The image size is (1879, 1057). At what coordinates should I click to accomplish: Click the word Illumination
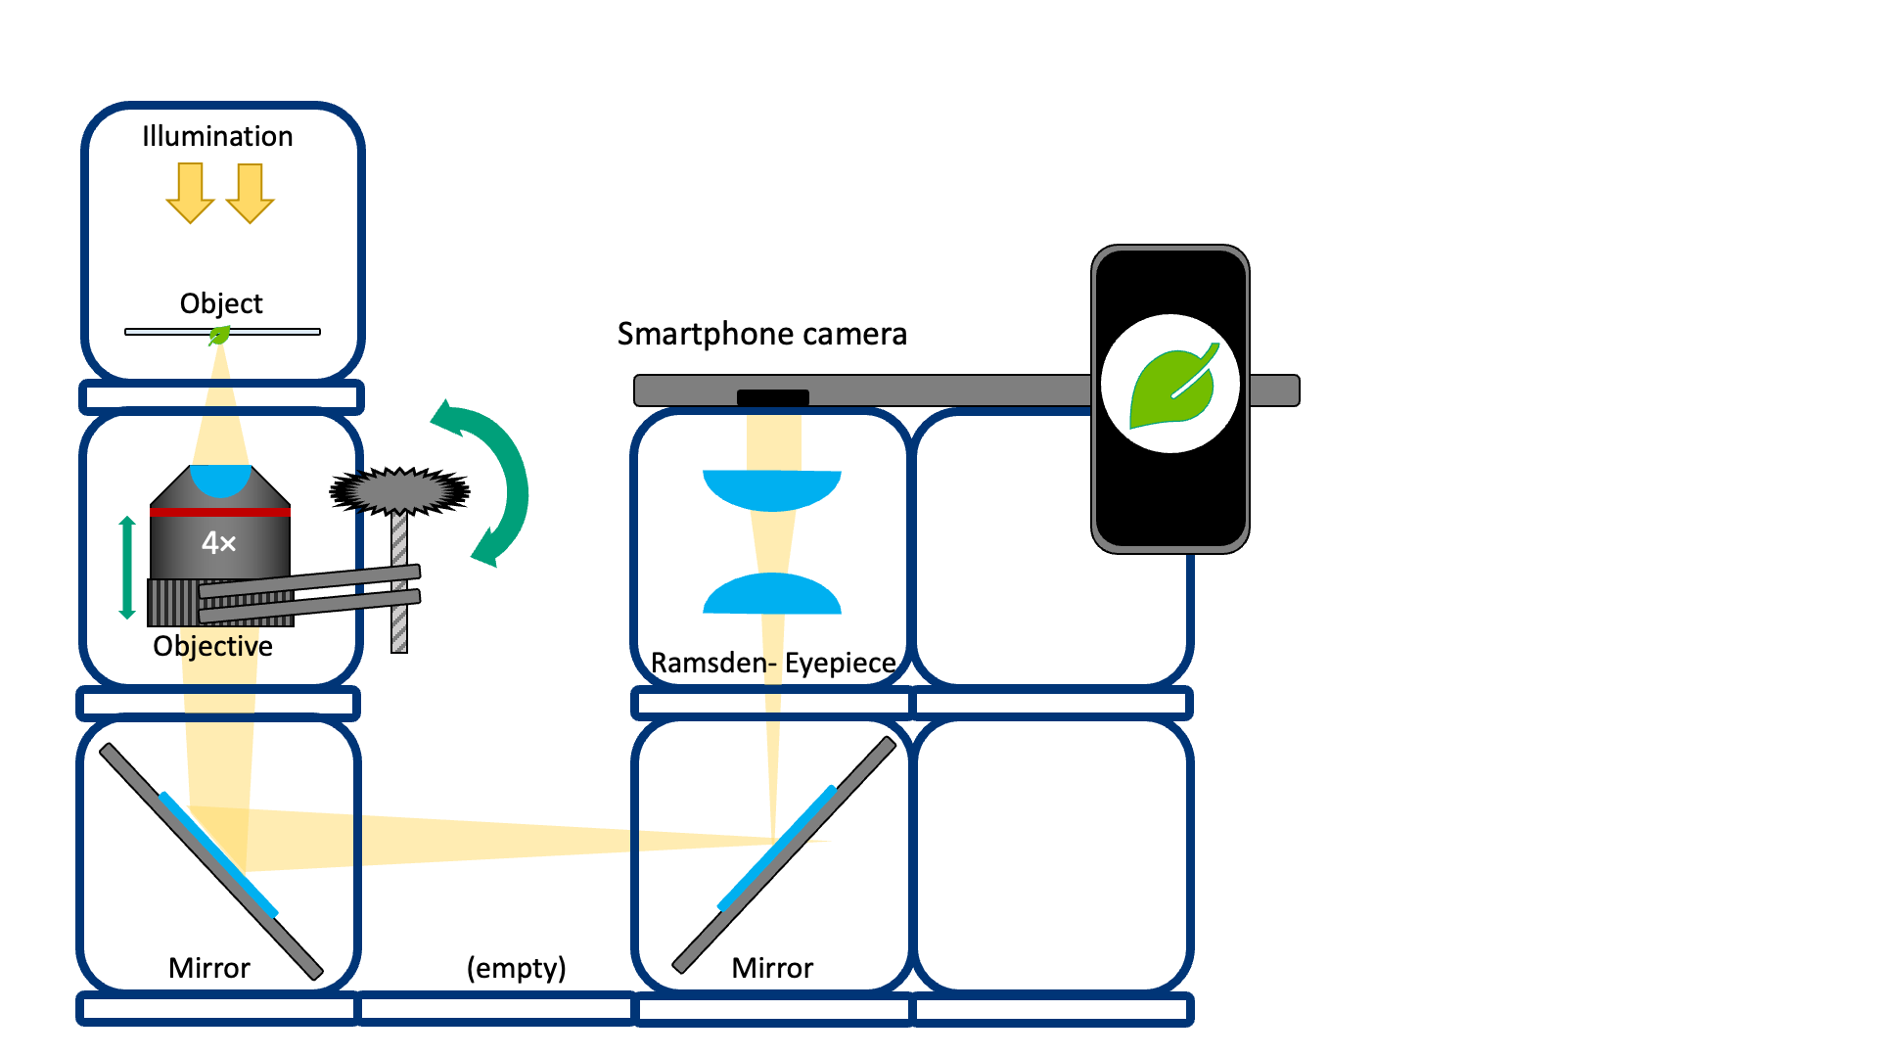[217, 136]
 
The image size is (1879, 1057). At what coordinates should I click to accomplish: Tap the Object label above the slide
[221, 303]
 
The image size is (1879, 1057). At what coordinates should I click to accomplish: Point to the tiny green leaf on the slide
[219, 336]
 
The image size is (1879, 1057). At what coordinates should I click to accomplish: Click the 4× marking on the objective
[219, 543]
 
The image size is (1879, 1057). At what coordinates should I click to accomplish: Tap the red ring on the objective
[220, 512]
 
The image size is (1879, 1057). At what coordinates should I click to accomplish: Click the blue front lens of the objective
[220, 480]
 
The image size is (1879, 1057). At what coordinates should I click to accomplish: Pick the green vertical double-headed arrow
[127, 568]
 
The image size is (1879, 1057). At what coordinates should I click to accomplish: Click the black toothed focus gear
[399, 490]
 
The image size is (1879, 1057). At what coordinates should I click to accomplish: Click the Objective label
[212, 646]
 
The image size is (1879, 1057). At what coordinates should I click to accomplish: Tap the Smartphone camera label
[761, 334]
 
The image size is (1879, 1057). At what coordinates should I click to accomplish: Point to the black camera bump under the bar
[773, 397]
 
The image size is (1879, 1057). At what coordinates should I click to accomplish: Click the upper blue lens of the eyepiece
[772, 488]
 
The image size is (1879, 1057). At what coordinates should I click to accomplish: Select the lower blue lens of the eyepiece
[772, 595]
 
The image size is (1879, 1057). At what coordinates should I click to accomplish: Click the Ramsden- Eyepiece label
[773, 663]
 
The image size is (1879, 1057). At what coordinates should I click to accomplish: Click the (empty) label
[516, 968]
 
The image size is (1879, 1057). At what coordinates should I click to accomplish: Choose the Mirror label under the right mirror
[772, 968]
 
